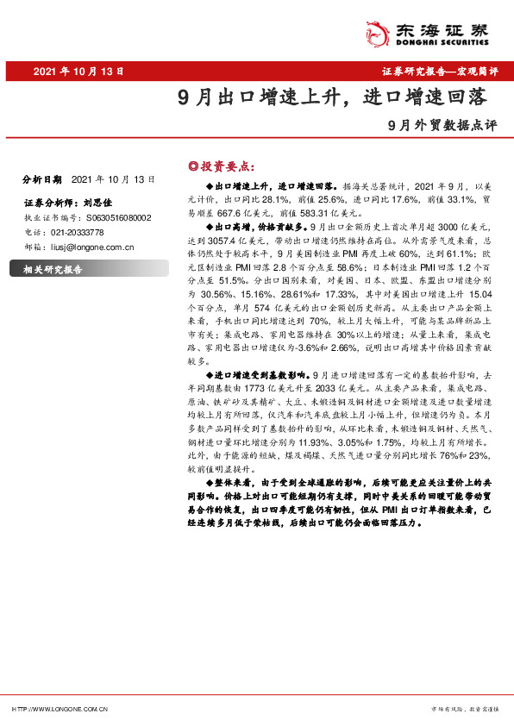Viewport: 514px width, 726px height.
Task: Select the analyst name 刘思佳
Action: tap(100, 203)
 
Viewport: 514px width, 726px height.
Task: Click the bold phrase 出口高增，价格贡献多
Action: tap(258, 222)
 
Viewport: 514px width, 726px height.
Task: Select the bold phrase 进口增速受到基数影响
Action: tap(263, 377)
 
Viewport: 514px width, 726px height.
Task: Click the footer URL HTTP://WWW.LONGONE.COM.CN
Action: tap(60, 709)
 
